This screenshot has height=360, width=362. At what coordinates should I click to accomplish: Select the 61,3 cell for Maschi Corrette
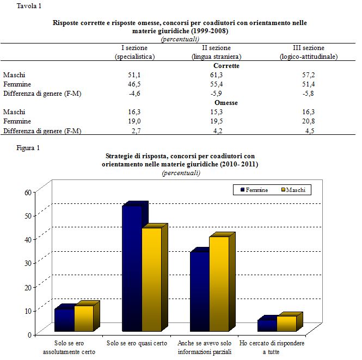(x=217, y=75)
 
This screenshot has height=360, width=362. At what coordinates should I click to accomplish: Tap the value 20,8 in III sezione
(x=308, y=121)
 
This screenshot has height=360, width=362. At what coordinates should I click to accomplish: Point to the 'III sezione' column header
(x=308, y=48)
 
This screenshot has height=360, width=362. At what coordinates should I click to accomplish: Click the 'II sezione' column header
(x=217, y=48)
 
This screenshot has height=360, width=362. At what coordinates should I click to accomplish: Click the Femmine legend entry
(x=253, y=190)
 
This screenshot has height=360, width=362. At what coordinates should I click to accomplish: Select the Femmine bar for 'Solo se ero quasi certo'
(x=132, y=269)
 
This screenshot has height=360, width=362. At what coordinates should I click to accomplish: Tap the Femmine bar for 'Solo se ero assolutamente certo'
(x=64, y=320)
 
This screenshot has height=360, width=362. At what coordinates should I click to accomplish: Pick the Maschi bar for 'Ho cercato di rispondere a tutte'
(x=286, y=324)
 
